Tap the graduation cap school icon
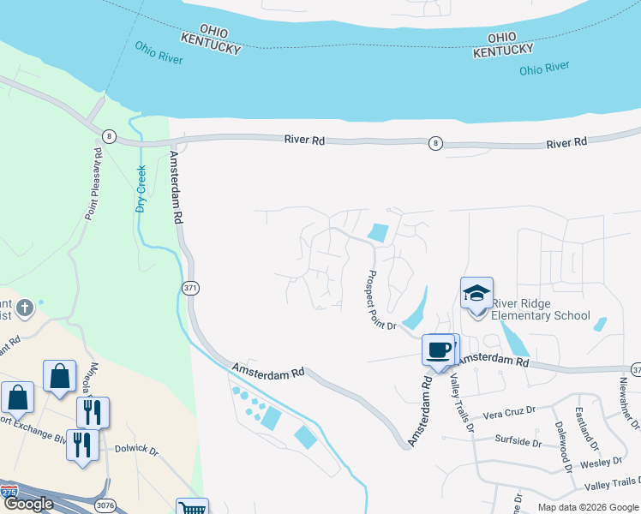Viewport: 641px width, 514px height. click(x=476, y=294)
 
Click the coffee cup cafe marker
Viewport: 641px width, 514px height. click(x=438, y=350)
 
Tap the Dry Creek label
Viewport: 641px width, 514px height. click(x=141, y=188)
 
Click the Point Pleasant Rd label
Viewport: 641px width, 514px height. click(x=93, y=183)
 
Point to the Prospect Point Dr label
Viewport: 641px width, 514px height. click(x=380, y=301)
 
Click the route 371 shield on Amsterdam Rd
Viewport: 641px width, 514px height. click(x=190, y=289)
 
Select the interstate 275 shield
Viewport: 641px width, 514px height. click(x=9, y=493)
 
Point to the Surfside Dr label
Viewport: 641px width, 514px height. click(x=518, y=442)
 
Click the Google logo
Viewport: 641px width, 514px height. click(x=29, y=504)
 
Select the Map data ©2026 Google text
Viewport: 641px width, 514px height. click(x=587, y=507)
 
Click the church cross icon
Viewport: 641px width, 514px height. click(x=26, y=307)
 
